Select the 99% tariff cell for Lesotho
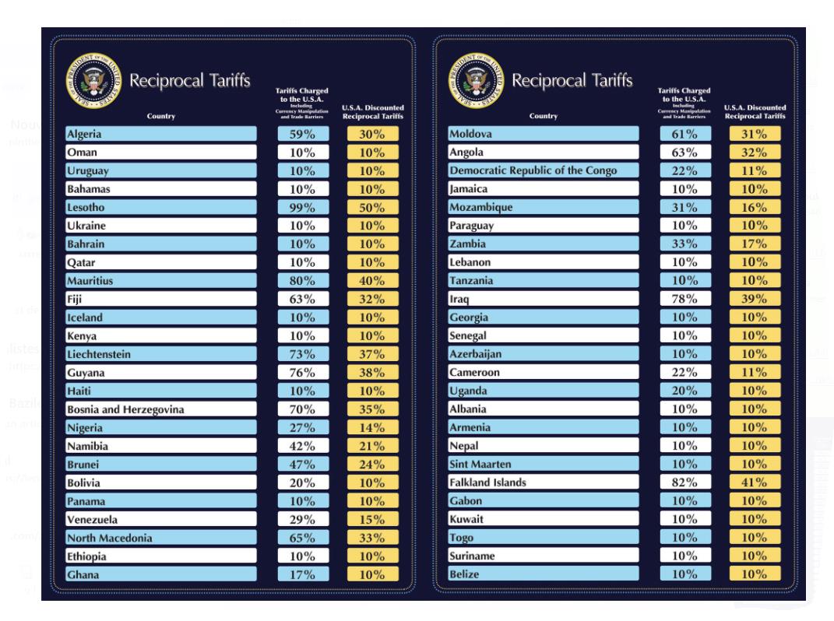[304, 207]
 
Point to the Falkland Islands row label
[487, 482]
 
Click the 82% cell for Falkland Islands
[685, 482]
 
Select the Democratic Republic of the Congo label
[533, 170]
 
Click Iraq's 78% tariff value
[685, 299]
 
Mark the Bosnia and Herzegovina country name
[125, 409]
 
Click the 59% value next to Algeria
[304, 134]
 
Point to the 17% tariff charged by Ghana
[304, 575]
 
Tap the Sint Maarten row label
[480, 464]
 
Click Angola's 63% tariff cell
[685, 153]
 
